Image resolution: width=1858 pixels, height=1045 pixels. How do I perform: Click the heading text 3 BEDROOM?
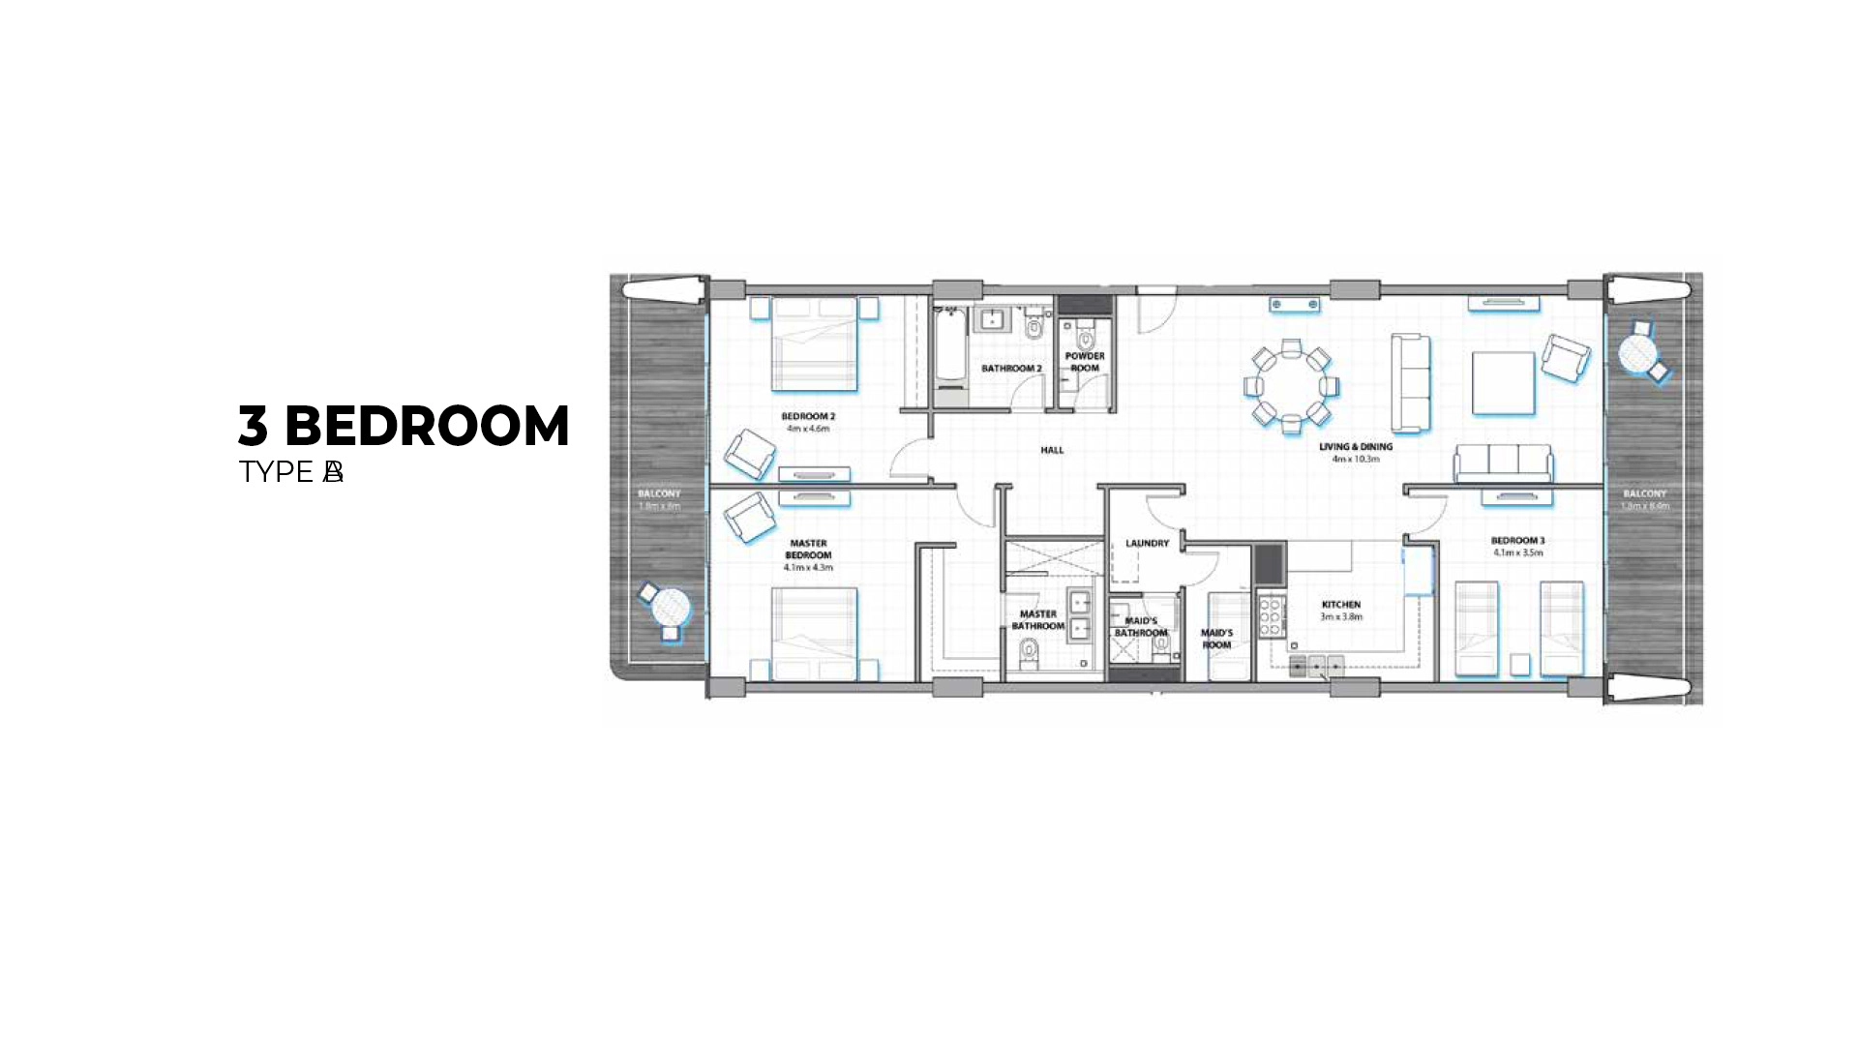click(x=404, y=426)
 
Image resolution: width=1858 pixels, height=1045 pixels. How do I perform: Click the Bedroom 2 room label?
click(x=808, y=417)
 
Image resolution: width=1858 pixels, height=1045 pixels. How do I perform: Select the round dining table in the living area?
click(x=1291, y=385)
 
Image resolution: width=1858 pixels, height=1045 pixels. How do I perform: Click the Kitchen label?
click(x=1341, y=605)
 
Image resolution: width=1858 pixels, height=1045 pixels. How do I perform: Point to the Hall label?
click(x=1052, y=450)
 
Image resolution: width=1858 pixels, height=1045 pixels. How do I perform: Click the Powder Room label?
click(x=1085, y=362)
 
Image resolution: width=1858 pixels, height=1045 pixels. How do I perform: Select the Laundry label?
click(x=1147, y=544)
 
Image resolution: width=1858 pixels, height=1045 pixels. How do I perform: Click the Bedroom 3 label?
click(x=1517, y=541)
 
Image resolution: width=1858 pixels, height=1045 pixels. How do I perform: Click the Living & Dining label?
click(x=1356, y=447)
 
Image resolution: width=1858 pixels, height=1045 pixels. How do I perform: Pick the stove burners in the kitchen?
click(x=1271, y=616)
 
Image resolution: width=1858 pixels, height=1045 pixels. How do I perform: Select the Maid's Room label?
click(x=1216, y=639)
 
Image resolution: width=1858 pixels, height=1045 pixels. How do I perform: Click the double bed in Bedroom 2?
click(x=815, y=344)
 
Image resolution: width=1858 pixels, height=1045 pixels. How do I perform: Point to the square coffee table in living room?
click(x=1503, y=383)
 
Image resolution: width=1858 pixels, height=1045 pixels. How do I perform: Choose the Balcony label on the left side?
click(x=659, y=494)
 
